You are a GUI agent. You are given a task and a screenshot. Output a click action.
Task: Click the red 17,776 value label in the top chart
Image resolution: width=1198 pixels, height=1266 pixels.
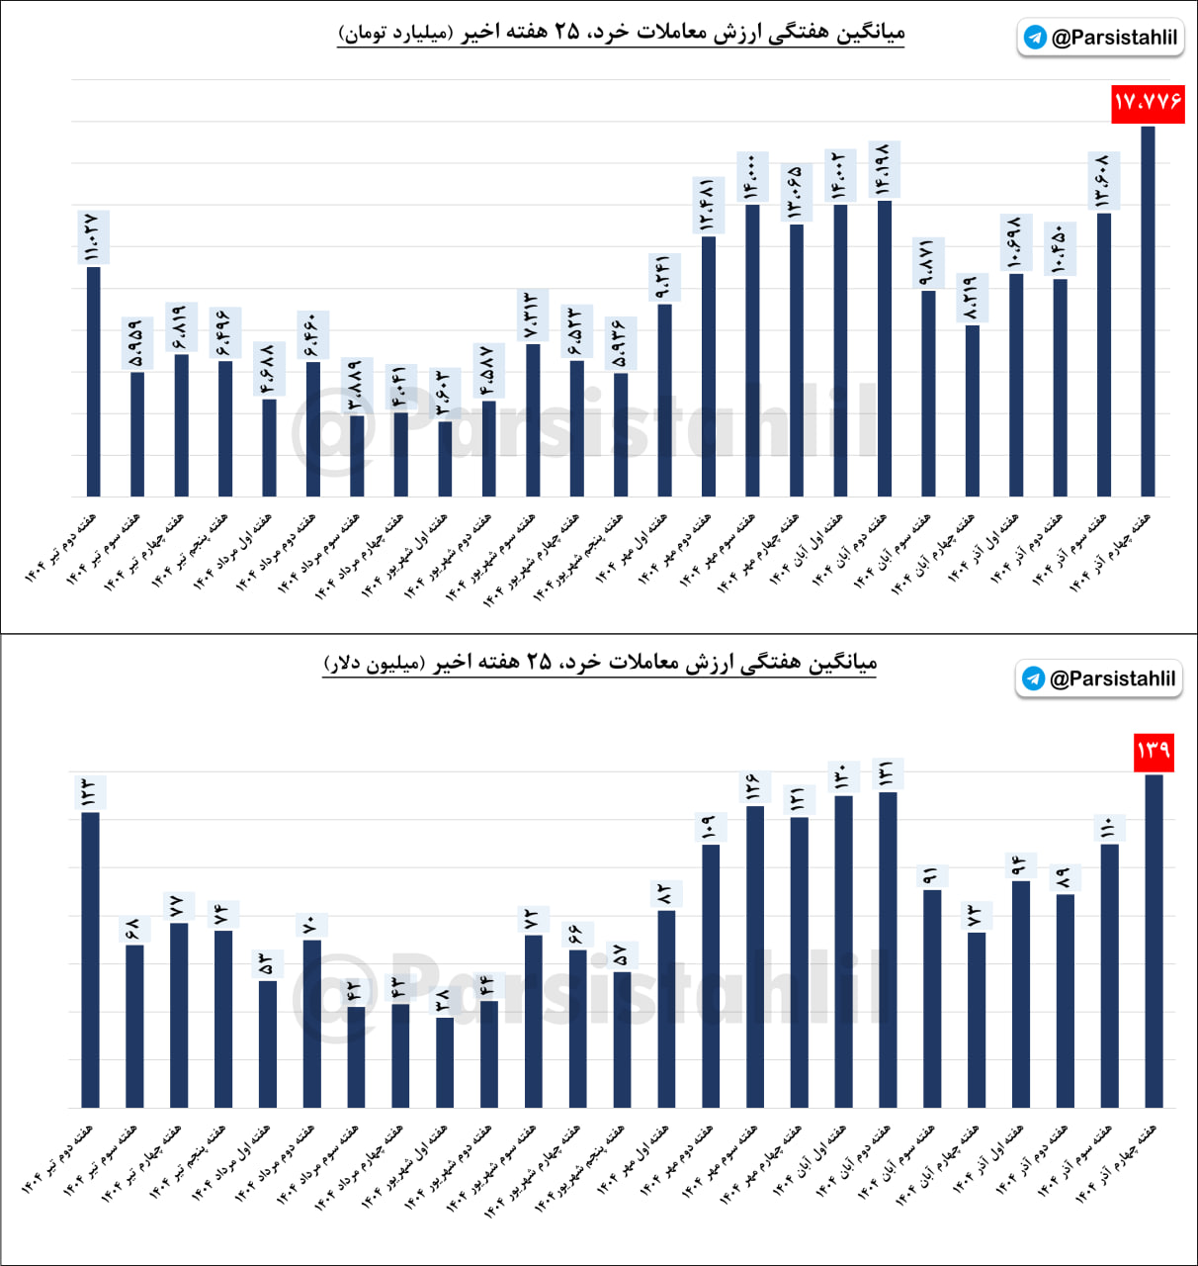click(x=1148, y=103)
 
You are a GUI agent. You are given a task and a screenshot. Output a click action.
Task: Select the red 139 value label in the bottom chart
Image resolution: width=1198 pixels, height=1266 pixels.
click(x=1154, y=751)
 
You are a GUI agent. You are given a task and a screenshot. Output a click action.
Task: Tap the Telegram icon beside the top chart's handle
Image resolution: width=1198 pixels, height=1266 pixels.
click(x=1035, y=38)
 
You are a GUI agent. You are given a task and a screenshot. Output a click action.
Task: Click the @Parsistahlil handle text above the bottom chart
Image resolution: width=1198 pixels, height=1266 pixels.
click(x=1112, y=678)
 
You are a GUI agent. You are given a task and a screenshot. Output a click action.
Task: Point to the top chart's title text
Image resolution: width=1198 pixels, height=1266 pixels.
click(x=621, y=33)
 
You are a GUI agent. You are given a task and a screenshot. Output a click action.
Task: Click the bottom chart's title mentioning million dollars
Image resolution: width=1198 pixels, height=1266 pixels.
click(x=600, y=662)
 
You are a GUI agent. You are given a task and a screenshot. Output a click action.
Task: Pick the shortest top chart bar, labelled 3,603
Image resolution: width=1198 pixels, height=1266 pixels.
click(x=445, y=459)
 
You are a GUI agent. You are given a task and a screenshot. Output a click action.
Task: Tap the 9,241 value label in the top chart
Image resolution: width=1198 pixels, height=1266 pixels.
click(x=663, y=278)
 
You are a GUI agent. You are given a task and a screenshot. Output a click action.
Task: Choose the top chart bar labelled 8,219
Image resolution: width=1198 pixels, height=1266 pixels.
click(x=973, y=410)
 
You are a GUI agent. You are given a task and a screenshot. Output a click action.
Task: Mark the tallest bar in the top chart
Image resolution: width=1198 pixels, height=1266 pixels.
click(x=1148, y=311)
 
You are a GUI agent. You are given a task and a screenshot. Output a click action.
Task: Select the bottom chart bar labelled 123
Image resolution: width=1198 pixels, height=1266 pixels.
click(x=91, y=959)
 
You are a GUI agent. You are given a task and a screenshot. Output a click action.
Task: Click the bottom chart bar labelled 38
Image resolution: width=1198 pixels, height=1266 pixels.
click(x=445, y=1062)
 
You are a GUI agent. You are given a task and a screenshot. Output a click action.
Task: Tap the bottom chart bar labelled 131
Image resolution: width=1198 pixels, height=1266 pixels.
click(x=888, y=949)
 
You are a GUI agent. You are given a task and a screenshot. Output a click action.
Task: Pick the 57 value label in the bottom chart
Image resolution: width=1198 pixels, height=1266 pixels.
click(x=622, y=955)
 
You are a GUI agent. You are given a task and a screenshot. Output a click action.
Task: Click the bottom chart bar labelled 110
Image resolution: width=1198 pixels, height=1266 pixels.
click(x=1110, y=975)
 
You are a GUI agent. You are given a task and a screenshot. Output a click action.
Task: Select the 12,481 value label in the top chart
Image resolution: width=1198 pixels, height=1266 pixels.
click(x=708, y=205)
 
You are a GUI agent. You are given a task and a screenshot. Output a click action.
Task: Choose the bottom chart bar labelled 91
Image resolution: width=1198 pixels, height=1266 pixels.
click(x=932, y=999)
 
